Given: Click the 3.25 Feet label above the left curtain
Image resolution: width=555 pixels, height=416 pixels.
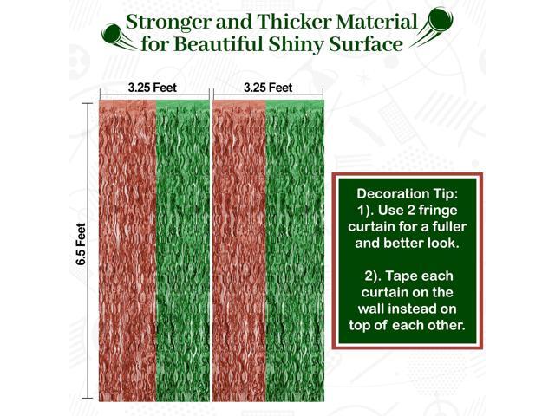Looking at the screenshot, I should coord(153,88).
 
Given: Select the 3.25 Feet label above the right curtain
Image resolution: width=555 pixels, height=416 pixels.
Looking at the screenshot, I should coord(267,88).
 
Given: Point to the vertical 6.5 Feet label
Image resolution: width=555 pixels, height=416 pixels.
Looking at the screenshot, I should coord(82,247).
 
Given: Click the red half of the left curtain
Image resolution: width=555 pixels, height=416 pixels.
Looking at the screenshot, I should coord(127,251).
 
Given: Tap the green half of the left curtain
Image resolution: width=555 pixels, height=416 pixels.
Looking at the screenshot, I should coord(183,251).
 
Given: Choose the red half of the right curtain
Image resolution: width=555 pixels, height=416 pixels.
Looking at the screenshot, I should coord(239,251).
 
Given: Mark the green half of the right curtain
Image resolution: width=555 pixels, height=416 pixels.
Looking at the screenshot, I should coord(296,251).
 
